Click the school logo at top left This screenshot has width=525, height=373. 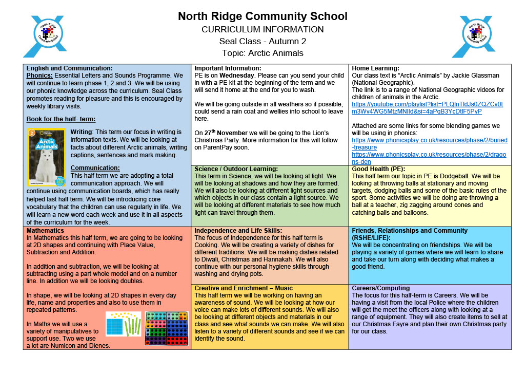pyautogui.click(x=45, y=36)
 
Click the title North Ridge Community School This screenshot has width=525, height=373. pyautogui.click(x=262, y=16)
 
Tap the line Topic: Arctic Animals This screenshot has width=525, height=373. pyautogui.click(x=262, y=53)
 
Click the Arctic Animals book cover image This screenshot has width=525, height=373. pyautogui.click(x=46, y=157)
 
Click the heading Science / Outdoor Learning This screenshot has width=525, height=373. pyautogui.click(x=236, y=169)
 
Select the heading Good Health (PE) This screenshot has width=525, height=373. pyautogui.click(x=378, y=169)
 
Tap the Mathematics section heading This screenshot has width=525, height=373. pyautogui.click(x=46, y=231)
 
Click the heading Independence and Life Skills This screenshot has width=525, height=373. pyautogui.click(x=238, y=231)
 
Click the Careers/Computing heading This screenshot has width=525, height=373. pyautogui.click(x=380, y=288)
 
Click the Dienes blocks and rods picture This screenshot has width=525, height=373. pyautogui.click(x=123, y=324)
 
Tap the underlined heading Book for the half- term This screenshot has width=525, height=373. pyautogui.click(x=60, y=119)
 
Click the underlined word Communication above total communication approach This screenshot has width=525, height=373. pyautogui.click(x=95, y=167)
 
